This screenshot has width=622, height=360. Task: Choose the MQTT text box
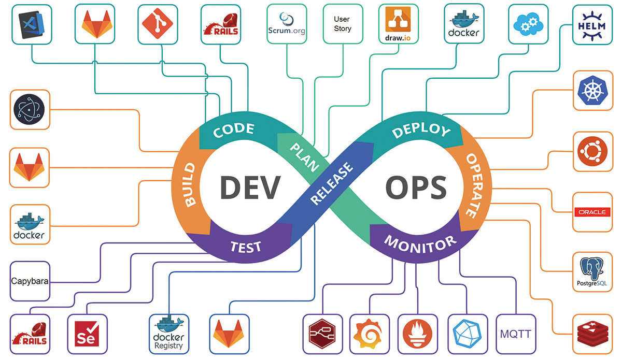(x=515, y=333)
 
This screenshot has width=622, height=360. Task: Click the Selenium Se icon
(x=87, y=333)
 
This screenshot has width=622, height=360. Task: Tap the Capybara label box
(x=30, y=282)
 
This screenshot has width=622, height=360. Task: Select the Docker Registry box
(x=168, y=333)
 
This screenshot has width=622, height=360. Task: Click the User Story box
(x=342, y=24)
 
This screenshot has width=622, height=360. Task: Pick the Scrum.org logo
(x=287, y=24)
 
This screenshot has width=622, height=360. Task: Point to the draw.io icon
(x=398, y=24)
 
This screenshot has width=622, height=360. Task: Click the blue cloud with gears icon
(x=528, y=24)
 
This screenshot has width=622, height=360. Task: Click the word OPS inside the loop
(x=416, y=187)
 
